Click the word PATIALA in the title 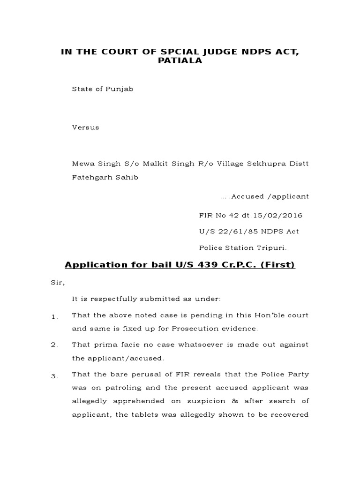pyautogui.click(x=180, y=60)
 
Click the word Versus pyautogui.click(x=85, y=127)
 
